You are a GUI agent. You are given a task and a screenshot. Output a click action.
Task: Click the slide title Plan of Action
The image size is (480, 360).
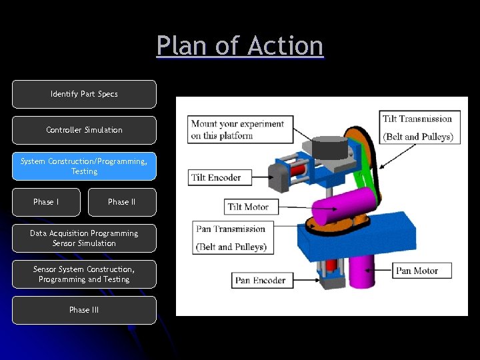coord(240,46)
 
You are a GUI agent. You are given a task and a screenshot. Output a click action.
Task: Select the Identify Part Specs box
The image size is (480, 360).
coord(84,94)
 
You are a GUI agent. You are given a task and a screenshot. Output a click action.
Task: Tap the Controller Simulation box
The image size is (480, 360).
coord(84,130)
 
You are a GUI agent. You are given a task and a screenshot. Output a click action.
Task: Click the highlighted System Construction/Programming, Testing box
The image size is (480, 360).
coord(84,166)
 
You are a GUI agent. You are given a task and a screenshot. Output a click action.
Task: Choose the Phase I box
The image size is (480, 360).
coord(46,202)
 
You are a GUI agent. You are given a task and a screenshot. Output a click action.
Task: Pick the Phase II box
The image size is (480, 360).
coord(122,202)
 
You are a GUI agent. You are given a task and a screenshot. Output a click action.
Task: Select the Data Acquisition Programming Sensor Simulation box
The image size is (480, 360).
coord(84,238)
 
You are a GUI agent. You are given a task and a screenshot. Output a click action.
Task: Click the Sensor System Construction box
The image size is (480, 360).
coord(84,274)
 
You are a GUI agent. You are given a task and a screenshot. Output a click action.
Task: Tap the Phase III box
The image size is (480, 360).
coord(84,310)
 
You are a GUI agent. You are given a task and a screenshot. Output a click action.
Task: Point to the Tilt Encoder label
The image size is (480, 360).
coord(220,177)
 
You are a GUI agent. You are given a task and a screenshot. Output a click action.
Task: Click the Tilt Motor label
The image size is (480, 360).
coord(248,207)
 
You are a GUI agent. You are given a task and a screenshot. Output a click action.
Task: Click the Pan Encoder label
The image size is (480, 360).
coord(260,280)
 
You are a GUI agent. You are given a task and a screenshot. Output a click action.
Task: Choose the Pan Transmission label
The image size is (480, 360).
coord(231,238)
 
